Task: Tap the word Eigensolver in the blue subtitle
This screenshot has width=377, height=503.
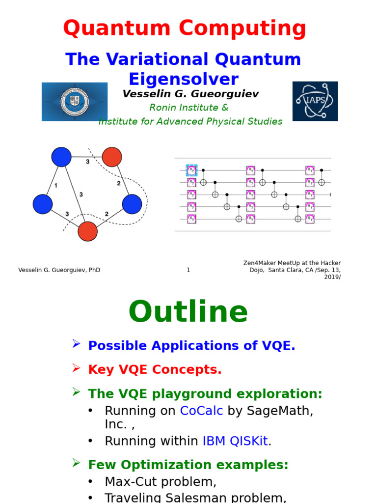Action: click(184, 79)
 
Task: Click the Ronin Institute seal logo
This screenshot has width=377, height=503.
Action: click(75, 102)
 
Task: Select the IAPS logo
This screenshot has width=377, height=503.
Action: click(315, 101)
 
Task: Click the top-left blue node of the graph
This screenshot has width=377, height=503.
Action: click(61, 157)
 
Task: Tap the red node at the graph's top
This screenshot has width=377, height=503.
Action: click(112, 157)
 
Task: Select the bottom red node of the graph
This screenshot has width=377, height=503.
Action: click(87, 231)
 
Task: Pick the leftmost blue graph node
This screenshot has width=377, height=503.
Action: click(43, 204)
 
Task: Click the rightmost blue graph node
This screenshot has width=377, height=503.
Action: click(132, 204)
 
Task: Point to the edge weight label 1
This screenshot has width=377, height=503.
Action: click(55, 186)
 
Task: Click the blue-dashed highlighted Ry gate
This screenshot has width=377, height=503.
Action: click(191, 170)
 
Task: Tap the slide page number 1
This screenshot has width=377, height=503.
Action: click(188, 270)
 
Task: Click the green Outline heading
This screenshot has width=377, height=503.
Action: click(188, 312)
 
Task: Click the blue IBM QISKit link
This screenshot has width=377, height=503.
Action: click(235, 441)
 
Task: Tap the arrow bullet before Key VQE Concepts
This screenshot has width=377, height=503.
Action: click(76, 367)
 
